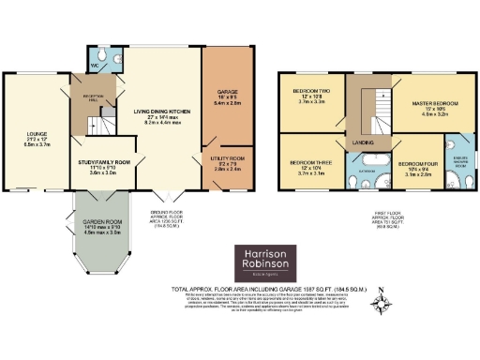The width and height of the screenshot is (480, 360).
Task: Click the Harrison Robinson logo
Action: [x=264, y=262]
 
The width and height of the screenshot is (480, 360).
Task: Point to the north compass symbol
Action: [x=381, y=302]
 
